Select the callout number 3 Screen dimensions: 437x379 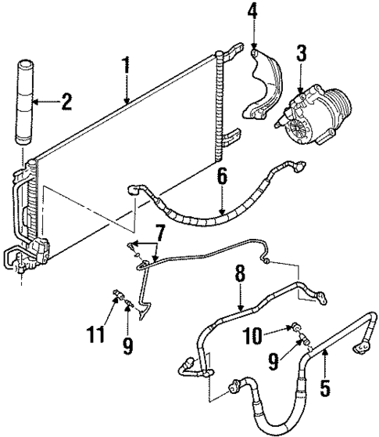pyautogui.click(x=301, y=56)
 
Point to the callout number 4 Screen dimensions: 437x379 pyautogui.click(x=252, y=13)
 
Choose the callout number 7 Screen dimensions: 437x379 pyautogui.click(x=159, y=233)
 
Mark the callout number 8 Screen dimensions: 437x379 pyautogui.click(x=240, y=273)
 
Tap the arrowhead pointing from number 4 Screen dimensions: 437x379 pyautogui.click(x=253, y=49)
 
